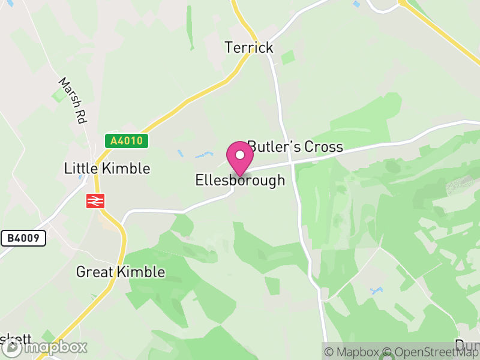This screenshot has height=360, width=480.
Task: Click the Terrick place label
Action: (249, 47)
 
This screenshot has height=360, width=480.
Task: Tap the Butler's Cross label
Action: (295, 146)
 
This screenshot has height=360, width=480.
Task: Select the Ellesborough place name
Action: (240, 180)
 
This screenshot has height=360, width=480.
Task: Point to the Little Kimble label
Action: (107, 168)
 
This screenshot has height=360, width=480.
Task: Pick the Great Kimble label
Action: (120, 272)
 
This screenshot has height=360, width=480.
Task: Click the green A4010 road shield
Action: (127, 141)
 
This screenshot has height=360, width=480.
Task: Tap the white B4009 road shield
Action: (23, 239)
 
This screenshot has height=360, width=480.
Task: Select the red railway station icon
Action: (95, 201)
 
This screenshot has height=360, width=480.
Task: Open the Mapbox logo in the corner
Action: (44, 347)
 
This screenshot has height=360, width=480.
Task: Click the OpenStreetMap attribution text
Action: (433, 352)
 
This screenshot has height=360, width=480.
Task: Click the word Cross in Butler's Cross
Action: (323, 146)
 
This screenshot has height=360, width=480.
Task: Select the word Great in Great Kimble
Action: (95, 272)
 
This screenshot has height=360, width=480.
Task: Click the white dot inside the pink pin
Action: (240, 155)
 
